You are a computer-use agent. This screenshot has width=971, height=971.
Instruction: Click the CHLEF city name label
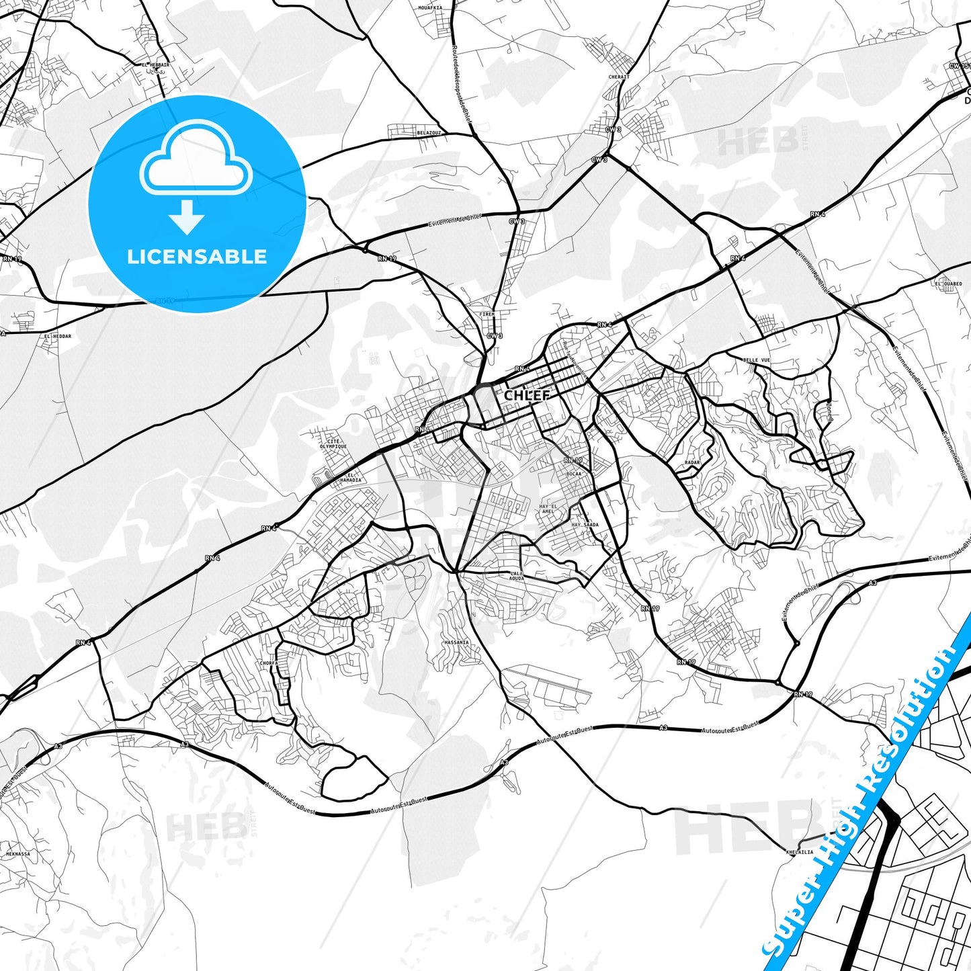tap(527, 395)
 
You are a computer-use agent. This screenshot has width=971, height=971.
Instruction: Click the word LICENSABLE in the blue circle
tap(197, 257)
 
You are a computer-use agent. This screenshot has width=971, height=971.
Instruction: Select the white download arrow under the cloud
tap(187, 217)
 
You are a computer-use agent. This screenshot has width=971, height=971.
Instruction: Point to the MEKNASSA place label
tap(18, 854)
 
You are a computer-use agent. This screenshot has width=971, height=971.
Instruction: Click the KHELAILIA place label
tap(800, 852)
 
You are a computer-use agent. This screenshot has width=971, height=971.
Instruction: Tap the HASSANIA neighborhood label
tap(456, 642)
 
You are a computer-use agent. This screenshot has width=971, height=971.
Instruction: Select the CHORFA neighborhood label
tap(269, 663)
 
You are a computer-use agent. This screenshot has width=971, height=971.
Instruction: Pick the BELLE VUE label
tap(757, 360)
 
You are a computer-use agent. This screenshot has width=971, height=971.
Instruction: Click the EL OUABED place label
tap(948, 284)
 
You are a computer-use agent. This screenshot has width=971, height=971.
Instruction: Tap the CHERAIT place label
tap(619, 77)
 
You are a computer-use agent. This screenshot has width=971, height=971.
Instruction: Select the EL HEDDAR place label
tap(58, 336)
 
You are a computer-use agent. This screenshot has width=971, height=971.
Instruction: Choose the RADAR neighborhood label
tap(692, 462)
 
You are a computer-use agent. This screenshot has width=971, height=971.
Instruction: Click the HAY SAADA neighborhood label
tap(585, 525)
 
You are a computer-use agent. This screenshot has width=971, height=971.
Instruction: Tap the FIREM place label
tap(487, 314)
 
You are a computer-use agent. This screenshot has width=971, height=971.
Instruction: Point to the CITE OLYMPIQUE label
tap(333, 444)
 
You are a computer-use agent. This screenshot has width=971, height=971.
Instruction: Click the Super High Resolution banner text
tap(867, 800)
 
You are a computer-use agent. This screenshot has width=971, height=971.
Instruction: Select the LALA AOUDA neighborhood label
tap(516, 576)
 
